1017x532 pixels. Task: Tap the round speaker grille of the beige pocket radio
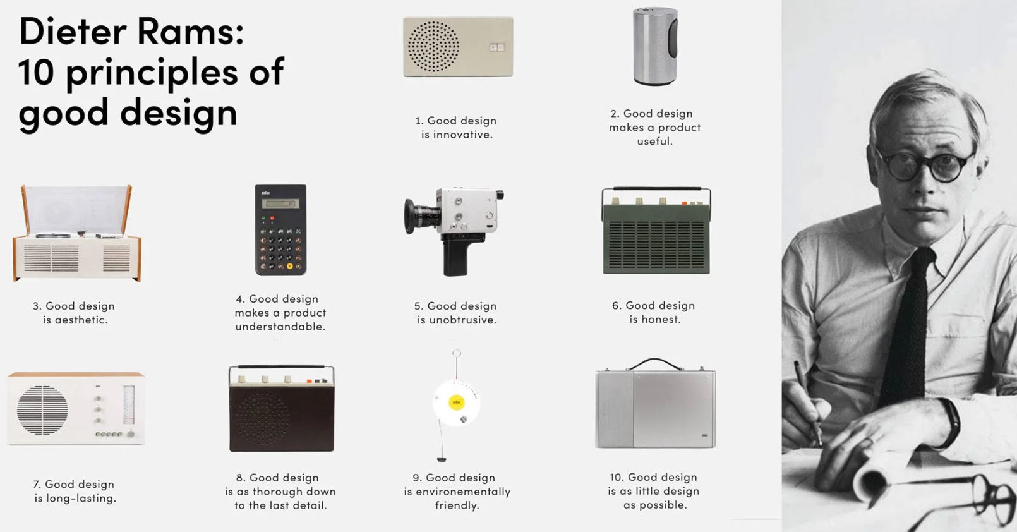click(x=433, y=46)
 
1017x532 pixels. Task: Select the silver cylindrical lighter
click(x=655, y=46)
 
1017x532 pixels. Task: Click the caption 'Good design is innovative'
click(x=456, y=128)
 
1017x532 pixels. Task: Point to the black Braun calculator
click(x=280, y=230)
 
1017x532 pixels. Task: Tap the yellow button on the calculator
click(x=290, y=266)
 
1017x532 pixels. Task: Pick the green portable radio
click(x=656, y=231)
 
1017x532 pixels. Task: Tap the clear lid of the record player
click(x=76, y=209)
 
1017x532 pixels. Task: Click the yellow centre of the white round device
click(x=457, y=402)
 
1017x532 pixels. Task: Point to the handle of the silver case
click(x=655, y=363)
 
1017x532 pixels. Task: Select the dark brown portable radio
click(x=282, y=408)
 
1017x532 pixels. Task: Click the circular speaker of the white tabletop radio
click(x=42, y=410)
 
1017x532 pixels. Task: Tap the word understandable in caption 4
click(x=280, y=327)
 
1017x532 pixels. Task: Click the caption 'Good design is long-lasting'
click(x=75, y=491)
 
